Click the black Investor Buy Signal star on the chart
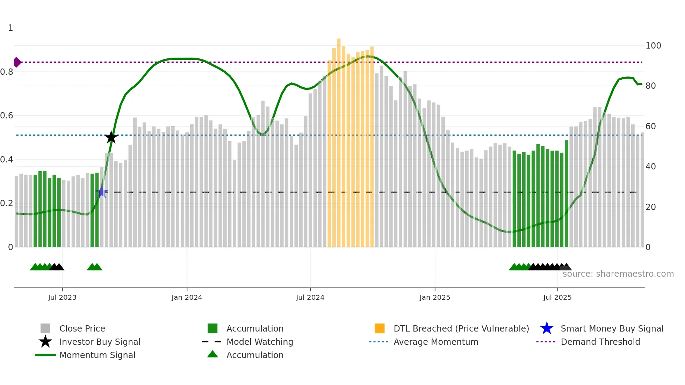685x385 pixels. point(111,137)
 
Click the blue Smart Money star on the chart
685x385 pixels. point(102,192)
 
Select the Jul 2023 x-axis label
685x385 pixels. point(62,297)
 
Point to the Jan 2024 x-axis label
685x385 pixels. point(187,297)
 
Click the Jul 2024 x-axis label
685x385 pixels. point(310,297)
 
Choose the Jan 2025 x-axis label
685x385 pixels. point(435,297)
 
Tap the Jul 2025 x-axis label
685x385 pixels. point(557,297)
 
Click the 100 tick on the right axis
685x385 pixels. point(653,46)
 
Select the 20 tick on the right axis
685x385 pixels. point(651,207)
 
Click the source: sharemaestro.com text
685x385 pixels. point(618,274)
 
